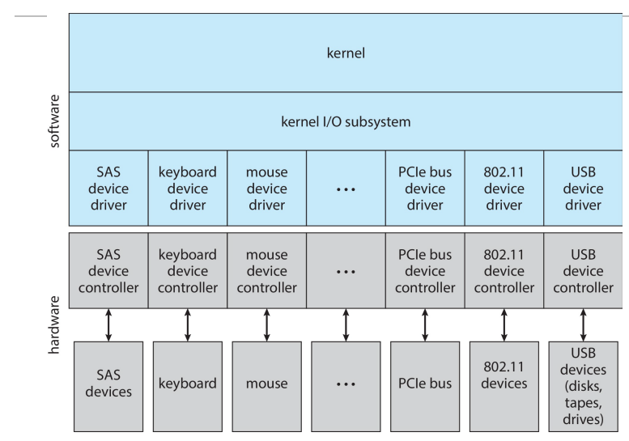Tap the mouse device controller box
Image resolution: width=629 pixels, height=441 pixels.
(x=266, y=271)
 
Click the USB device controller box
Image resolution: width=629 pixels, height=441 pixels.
(x=583, y=271)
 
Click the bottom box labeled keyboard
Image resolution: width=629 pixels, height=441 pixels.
(x=188, y=383)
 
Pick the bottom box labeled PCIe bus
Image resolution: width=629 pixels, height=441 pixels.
(x=425, y=383)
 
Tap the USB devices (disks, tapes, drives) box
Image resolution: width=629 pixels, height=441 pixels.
(x=583, y=383)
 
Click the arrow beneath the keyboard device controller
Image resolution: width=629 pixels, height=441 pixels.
(x=188, y=324)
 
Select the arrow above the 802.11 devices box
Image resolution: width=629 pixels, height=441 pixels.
(x=504, y=324)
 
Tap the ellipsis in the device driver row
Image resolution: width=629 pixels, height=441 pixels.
(x=346, y=188)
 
